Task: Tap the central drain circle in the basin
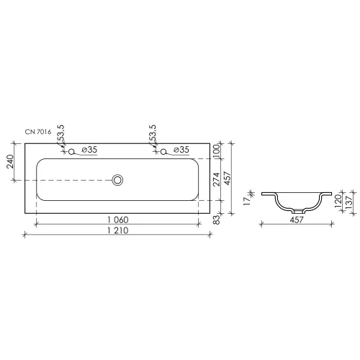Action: [118, 179]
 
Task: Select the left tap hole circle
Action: [71, 150]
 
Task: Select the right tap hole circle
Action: [165, 150]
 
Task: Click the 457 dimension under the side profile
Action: [297, 220]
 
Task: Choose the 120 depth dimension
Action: [337, 201]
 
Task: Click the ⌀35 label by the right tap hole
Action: [181, 150]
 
